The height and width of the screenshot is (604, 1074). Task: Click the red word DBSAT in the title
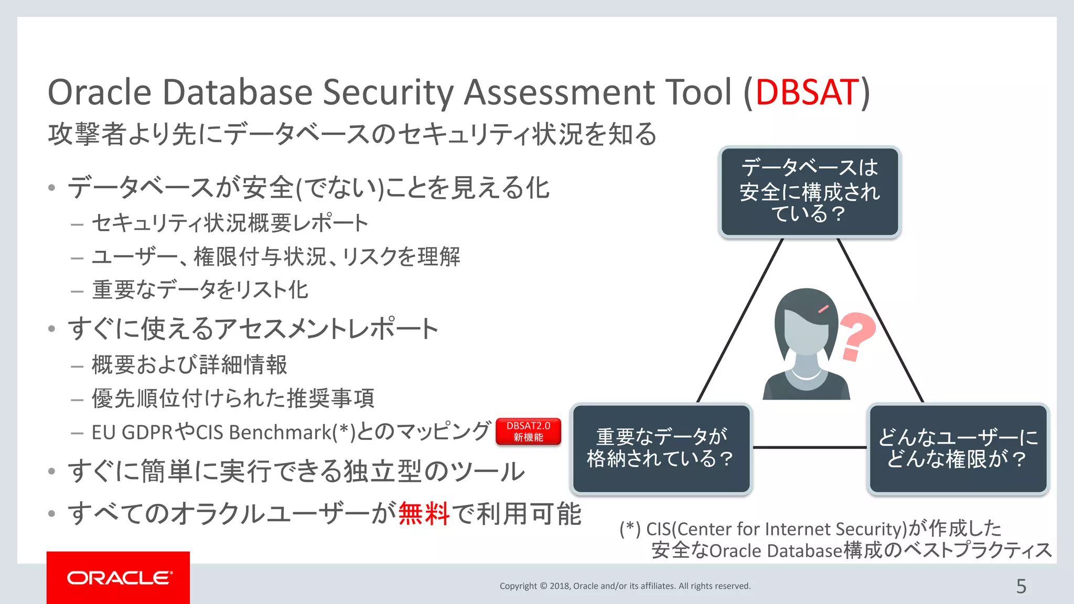click(x=807, y=93)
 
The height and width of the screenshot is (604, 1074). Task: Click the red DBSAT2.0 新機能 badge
click(x=528, y=432)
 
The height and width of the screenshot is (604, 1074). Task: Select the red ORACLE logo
click(x=119, y=578)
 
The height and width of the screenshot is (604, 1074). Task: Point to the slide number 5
click(x=1021, y=586)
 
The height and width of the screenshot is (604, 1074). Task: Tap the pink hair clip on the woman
click(x=823, y=309)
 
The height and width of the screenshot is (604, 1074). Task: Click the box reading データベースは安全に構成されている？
click(x=810, y=192)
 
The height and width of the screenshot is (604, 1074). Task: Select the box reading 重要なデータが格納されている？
click(x=661, y=448)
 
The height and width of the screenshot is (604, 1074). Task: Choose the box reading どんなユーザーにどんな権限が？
click(x=958, y=448)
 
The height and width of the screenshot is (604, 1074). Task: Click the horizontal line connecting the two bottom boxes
click(x=810, y=447)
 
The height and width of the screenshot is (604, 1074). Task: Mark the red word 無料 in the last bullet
click(x=424, y=514)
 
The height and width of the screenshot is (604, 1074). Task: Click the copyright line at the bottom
click(x=625, y=586)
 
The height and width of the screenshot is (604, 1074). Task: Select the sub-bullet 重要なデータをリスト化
click(x=200, y=290)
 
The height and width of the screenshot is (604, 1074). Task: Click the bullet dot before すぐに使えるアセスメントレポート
click(x=51, y=329)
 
